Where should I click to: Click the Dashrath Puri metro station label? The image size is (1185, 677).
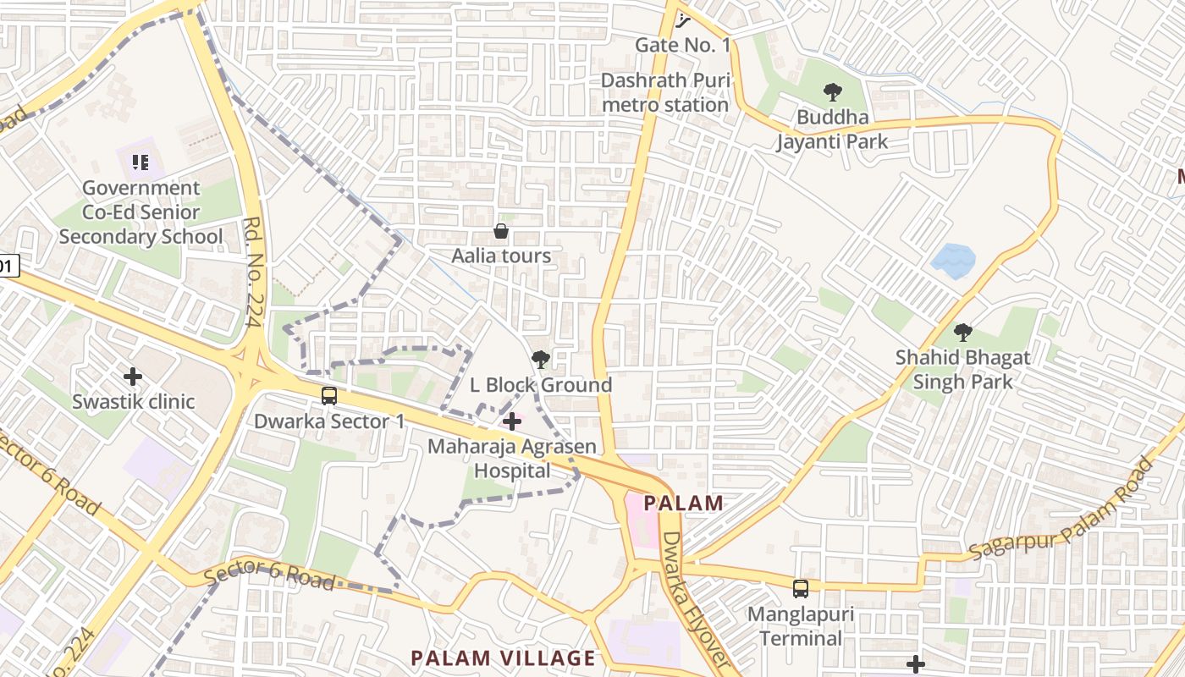pos(664,93)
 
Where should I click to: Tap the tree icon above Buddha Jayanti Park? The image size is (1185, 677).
pos(833,92)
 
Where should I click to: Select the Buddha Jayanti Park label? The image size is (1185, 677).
pos(833,129)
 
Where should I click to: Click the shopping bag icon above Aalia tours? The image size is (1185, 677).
pos(501,231)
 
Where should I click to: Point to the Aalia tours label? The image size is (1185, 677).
pos(501,256)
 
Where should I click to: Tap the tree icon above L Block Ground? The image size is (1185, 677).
pos(540,361)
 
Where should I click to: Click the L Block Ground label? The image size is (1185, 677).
pos(541,385)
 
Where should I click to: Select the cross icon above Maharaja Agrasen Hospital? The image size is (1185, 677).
pos(512,421)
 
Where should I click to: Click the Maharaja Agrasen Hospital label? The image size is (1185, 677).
pos(512,458)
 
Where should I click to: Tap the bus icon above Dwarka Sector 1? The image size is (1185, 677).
pos(329,395)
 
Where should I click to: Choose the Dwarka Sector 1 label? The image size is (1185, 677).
pos(330,421)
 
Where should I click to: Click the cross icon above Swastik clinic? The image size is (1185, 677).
pos(133,377)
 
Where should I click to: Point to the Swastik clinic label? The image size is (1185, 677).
pos(133,401)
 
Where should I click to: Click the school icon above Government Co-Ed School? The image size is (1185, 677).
pos(141,162)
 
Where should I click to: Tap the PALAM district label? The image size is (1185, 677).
pos(684,504)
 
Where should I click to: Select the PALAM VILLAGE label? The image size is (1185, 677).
pos(503,658)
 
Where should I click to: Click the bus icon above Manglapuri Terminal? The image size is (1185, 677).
pos(800,588)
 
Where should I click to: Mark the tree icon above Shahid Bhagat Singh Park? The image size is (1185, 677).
pos(962,333)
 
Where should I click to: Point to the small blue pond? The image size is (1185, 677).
pos(954,261)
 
